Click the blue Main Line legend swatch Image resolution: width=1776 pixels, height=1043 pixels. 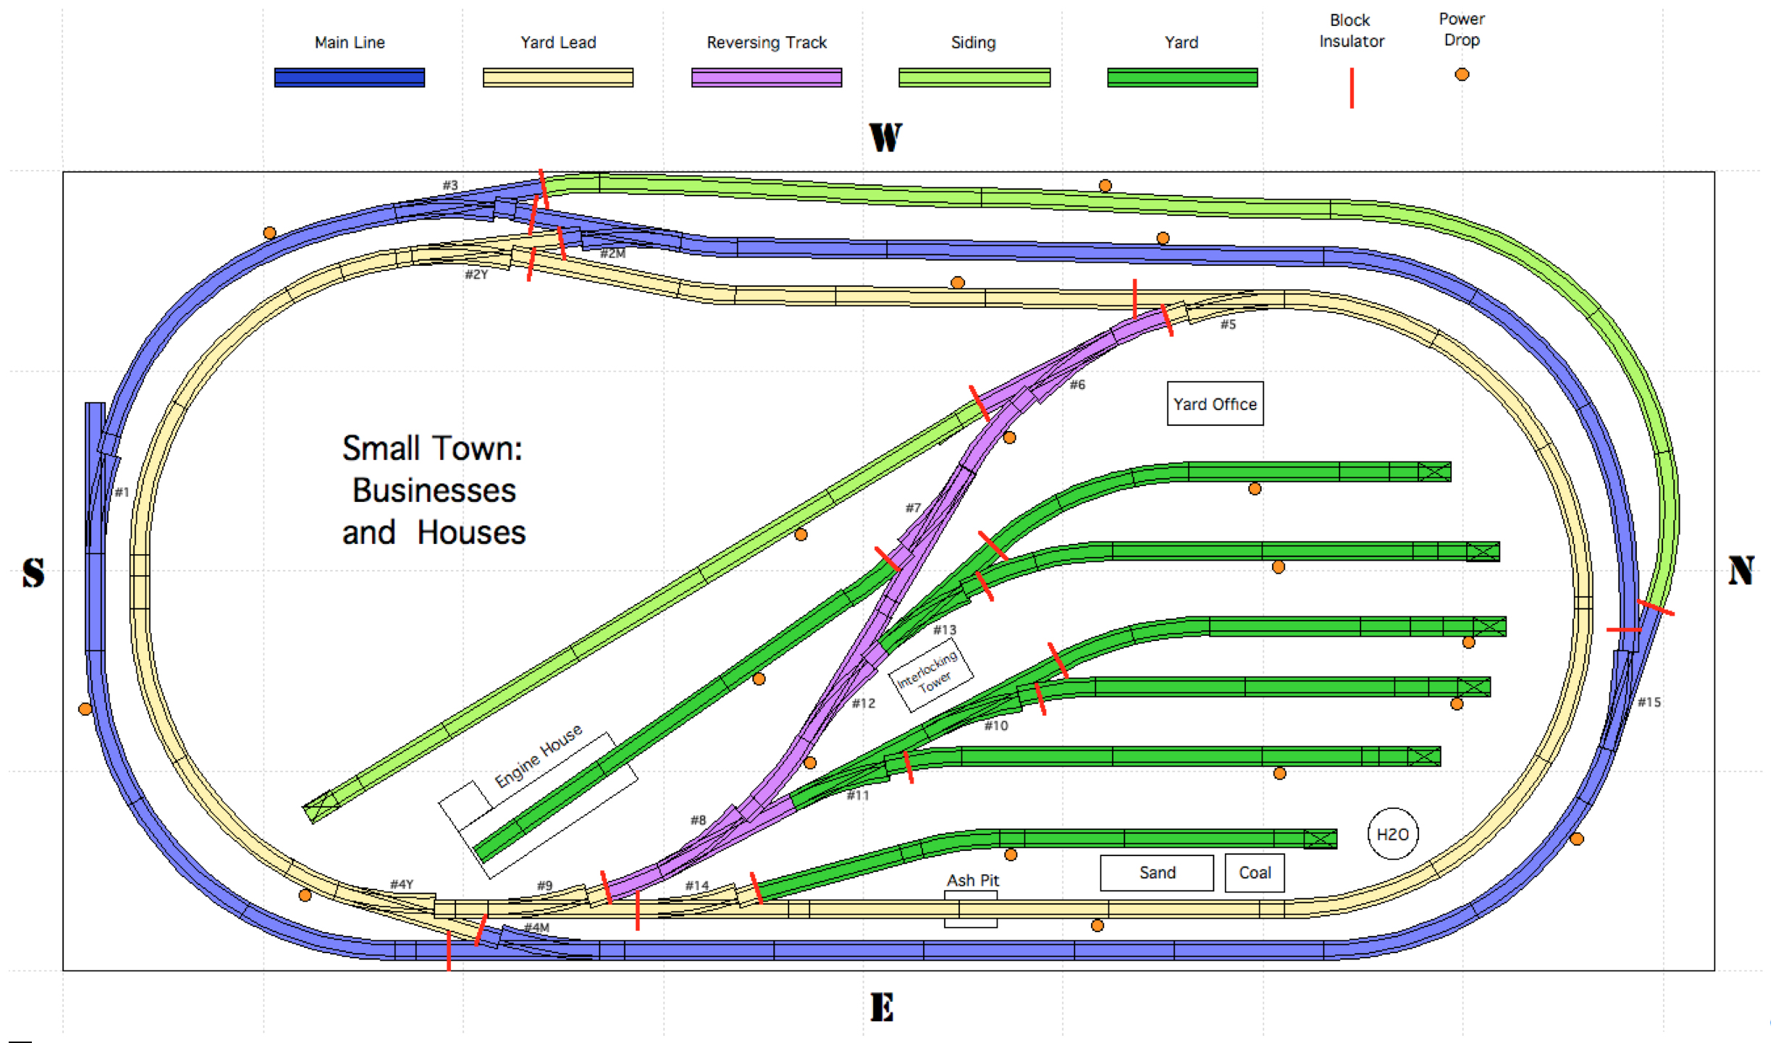click(349, 78)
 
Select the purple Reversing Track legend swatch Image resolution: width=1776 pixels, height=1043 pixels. click(766, 78)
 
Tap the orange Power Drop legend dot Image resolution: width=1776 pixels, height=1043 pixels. click(1461, 75)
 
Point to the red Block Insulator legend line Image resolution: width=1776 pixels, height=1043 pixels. click(1351, 88)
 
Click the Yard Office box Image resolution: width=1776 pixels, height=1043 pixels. click(1214, 403)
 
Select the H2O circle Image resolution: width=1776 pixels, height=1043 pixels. click(1392, 834)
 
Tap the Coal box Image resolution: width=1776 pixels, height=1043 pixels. click(1254, 873)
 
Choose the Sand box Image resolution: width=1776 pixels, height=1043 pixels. click(1156, 873)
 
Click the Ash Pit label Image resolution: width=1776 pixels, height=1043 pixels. click(972, 880)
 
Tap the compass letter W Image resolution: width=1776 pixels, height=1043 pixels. click(885, 137)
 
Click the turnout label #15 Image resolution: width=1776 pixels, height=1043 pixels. click(1649, 702)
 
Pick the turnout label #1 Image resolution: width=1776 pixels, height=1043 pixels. click(122, 493)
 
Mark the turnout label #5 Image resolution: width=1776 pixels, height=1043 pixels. click(1228, 324)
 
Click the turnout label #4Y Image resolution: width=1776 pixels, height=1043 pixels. click(401, 884)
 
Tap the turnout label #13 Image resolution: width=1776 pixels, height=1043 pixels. click(944, 629)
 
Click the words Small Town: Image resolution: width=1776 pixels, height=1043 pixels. click(432, 448)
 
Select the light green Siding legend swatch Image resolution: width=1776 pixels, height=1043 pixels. click(974, 78)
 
